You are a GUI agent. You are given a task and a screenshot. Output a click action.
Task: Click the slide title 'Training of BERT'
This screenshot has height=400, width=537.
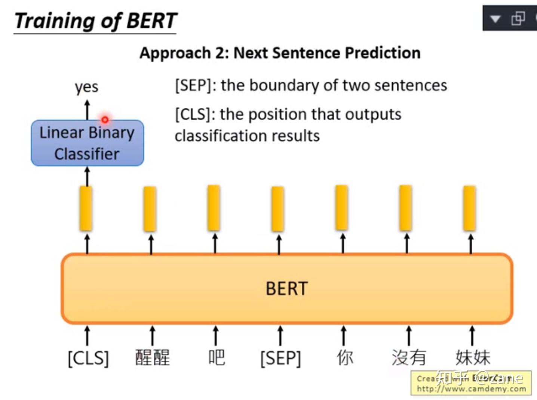coord(95,21)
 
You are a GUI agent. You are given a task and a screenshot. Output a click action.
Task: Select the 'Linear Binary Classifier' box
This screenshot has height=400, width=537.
coord(87,143)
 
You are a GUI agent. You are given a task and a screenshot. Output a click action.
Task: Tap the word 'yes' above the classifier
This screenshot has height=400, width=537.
coord(86,87)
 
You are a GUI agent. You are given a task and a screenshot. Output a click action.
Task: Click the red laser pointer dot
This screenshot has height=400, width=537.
coord(105,119)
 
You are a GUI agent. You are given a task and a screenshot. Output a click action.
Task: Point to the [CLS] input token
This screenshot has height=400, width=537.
coord(88,358)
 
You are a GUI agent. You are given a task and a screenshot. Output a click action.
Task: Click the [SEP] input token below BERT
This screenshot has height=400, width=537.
coord(280,358)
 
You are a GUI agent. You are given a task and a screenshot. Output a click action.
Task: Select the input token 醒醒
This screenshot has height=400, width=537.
coord(152,357)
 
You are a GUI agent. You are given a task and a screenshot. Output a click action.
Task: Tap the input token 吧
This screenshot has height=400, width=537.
coord(217,357)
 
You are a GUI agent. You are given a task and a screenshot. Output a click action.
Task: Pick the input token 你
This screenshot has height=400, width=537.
coord(344,357)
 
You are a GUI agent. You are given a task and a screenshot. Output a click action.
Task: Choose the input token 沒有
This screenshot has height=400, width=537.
coord(409,357)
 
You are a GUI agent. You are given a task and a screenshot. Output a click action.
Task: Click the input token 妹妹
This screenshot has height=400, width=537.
coord(473,357)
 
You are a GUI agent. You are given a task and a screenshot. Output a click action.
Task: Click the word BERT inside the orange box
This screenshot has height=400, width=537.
coord(286,289)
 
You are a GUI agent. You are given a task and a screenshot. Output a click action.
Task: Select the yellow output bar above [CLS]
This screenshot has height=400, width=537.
coord(86,209)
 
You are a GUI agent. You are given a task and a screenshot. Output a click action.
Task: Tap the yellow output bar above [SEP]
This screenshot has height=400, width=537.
coord(278,209)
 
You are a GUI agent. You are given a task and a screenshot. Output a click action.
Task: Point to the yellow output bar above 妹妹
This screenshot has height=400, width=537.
coord(470,208)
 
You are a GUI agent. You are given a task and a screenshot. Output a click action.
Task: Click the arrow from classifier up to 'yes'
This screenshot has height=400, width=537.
coord(87,109)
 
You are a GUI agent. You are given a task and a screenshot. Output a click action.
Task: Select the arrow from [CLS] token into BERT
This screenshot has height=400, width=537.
coord(87,335)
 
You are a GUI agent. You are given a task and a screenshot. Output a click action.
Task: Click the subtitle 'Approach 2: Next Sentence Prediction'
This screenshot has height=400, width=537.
coord(280,53)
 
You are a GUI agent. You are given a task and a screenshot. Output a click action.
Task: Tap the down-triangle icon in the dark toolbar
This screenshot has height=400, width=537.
coord(495,19)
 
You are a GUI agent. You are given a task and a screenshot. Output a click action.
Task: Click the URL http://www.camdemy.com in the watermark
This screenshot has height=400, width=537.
coord(471,389)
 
